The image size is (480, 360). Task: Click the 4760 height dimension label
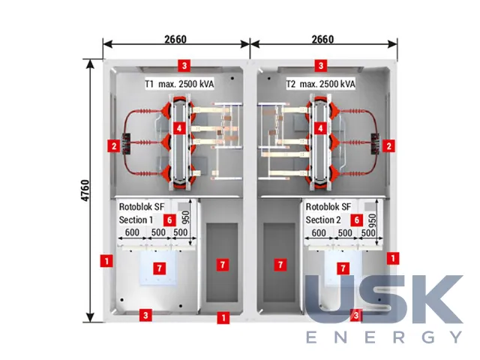(x=86, y=190)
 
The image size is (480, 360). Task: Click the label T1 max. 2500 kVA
(x=179, y=84)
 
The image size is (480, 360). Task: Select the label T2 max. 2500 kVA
(x=321, y=84)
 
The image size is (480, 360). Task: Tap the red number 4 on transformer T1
(x=179, y=128)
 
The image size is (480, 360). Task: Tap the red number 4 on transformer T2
(x=320, y=128)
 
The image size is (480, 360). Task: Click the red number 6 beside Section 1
(x=169, y=220)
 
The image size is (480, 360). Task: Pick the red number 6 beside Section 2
(x=356, y=220)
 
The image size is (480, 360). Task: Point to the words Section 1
(x=136, y=220)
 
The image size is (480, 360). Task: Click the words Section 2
(x=323, y=220)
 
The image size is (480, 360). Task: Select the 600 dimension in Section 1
(x=132, y=232)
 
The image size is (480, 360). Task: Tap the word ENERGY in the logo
(x=384, y=337)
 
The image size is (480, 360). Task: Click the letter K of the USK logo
(x=436, y=298)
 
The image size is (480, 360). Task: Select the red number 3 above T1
(x=184, y=65)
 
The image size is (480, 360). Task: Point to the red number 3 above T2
(x=321, y=65)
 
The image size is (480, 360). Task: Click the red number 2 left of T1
(x=113, y=145)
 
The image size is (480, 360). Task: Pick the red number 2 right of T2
(x=388, y=145)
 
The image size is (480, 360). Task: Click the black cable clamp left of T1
(x=126, y=143)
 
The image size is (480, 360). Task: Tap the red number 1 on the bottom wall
(x=223, y=317)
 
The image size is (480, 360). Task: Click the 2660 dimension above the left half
(x=175, y=40)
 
